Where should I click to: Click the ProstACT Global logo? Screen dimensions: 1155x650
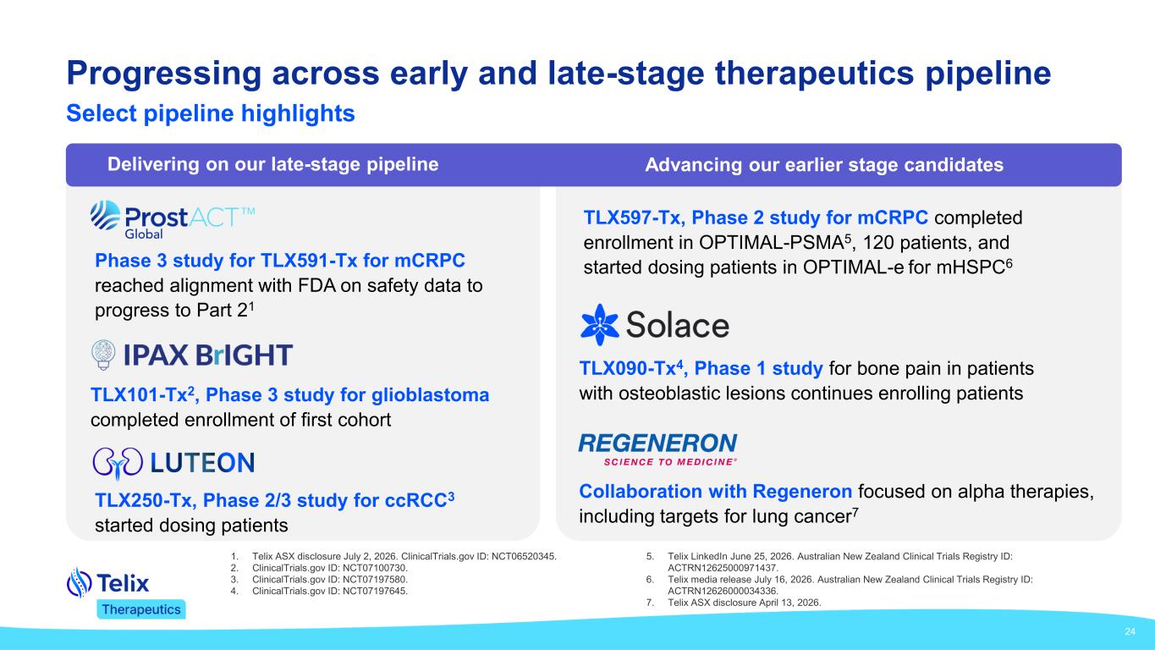tap(173, 220)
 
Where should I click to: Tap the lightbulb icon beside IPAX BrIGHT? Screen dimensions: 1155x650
tap(103, 355)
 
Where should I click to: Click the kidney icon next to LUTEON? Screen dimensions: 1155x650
tap(118, 463)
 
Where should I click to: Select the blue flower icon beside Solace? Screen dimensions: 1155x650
tap(599, 324)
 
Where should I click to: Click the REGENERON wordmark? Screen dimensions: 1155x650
tap(658, 443)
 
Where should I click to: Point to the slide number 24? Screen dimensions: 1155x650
tap(1130, 631)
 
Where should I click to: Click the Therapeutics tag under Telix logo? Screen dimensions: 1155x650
tap(141, 609)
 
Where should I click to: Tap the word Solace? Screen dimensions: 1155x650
tap(678, 325)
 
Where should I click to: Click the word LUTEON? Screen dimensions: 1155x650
tap(202, 463)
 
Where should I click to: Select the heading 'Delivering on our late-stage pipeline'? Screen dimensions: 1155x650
tap(272, 164)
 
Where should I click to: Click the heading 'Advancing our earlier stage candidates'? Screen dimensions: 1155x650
tap(824, 164)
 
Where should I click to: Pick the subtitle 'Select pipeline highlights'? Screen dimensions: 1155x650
tap(211, 113)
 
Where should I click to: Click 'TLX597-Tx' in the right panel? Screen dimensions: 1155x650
tap(631, 218)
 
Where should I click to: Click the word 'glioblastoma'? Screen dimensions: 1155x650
tap(430, 395)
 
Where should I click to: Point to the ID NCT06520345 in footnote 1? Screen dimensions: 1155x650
tap(523, 557)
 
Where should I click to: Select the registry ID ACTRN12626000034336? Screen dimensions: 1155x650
tap(722, 592)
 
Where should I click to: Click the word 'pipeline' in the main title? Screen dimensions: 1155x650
tap(988, 74)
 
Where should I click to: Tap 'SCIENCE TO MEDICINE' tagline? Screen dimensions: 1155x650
tap(668, 462)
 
